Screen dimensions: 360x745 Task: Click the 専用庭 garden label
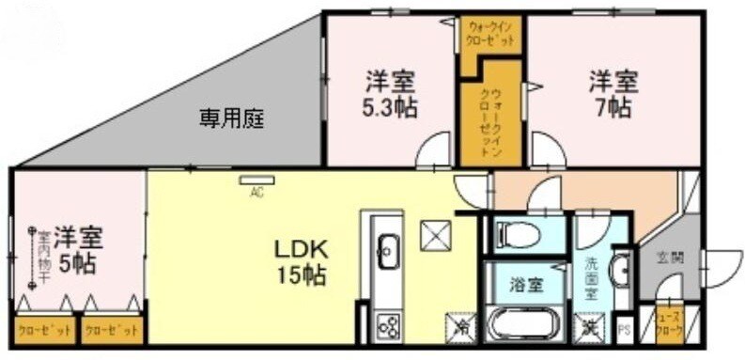click(230, 118)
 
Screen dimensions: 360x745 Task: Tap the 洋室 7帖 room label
click(613, 93)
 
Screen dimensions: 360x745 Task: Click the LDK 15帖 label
click(300, 262)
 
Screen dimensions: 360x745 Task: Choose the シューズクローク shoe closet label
click(669, 323)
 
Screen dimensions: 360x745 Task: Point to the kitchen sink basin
click(386, 248)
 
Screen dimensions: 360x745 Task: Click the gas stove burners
click(386, 326)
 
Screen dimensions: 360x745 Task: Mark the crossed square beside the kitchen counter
click(434, 236)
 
